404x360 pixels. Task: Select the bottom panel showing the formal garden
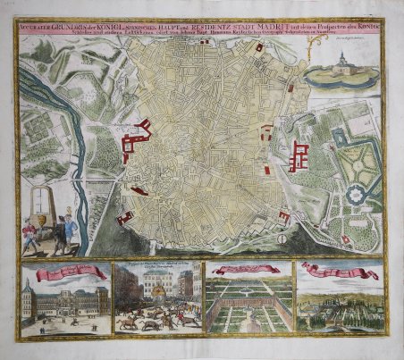point(247,307)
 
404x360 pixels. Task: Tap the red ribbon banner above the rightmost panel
point(339,268)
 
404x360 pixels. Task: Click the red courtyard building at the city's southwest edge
point(125,217)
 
